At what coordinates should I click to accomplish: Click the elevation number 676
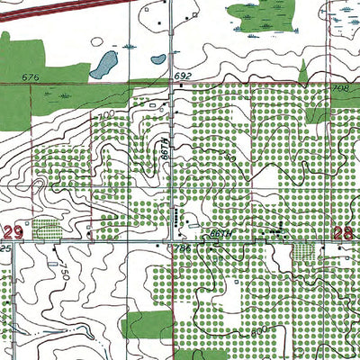pyautogui.click(x=31, y=78)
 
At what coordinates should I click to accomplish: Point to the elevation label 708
pyautogui.click(x=339, y=89)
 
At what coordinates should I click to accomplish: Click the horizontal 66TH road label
pyautogui.click(x=220, y=232)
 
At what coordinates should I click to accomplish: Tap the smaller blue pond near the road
pyautogui.click(x=157, y=61)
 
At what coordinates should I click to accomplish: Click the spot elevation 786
pyautogui.click(x=184, y=247)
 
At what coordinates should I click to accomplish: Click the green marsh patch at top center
pyautogui.click(x=261, y=13)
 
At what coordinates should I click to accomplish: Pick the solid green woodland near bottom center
pyautogui.click(x=144, y=323)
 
